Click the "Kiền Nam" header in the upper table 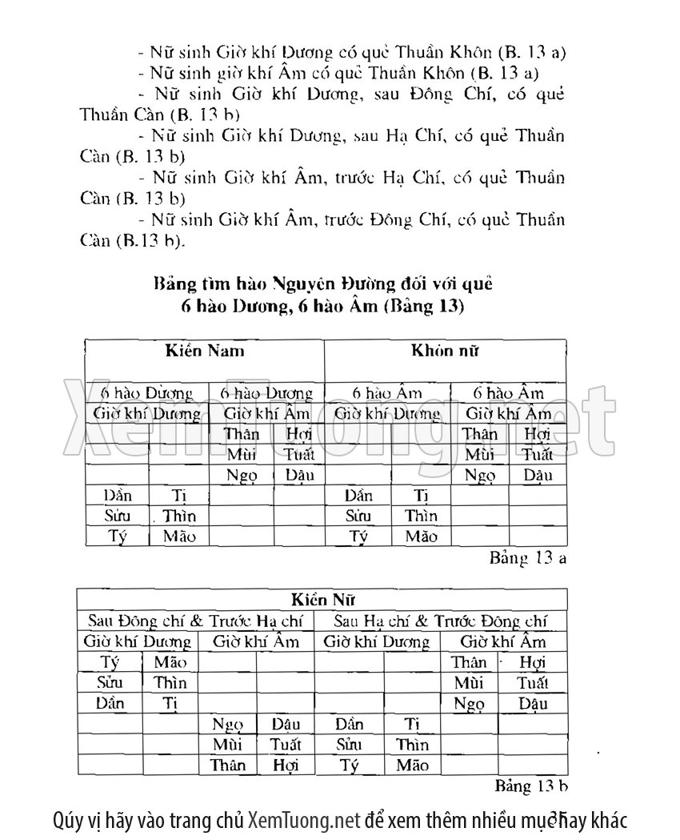click(x=205, y=351)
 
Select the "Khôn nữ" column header click(x=445, y=351)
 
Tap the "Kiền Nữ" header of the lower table click(x=322, y=599)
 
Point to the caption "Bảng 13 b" click(x=531, y=784)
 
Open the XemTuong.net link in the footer click(x=304, y=821)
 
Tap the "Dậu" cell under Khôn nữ click(x=538, y=476)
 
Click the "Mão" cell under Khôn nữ click(x=421, y=537)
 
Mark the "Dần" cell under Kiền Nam click(x=118, y=496)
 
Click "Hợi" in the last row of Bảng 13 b click(x=285, y=766)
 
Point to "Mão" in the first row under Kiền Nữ click(x=170, y=662)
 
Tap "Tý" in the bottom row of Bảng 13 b click(x=349, y=766)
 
